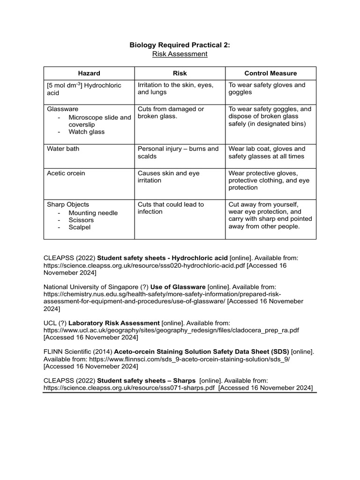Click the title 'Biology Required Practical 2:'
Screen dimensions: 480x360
(x=180, y=45)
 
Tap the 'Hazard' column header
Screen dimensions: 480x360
(x=89, y=73)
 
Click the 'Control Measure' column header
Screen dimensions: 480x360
(x=270, y=73)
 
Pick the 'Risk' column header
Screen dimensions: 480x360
(x=180, y=73)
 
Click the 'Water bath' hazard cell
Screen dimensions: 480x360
(x=63, y=149)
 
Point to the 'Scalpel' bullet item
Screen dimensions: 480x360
(x=79, y=227)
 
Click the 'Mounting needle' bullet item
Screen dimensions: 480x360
(x=93, y=213)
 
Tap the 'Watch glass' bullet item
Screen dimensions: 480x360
(x=86, y=132)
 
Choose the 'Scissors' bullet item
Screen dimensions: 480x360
(x=81, y=220)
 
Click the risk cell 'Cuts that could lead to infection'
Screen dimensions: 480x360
(x=171, y=208)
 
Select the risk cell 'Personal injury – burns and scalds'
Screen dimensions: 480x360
(x=178, y=152)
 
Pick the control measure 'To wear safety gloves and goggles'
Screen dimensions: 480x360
(x=267, y=89)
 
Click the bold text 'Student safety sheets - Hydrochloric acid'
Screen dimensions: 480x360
(x=162, y=258)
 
